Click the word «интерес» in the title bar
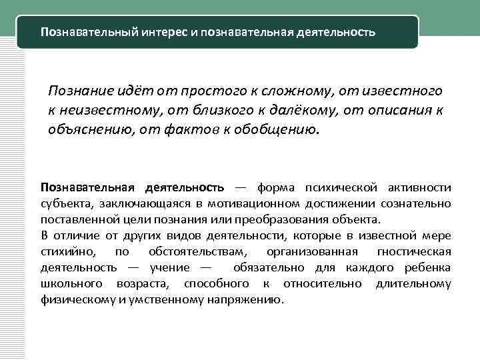tap(163, 32)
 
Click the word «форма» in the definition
tap(275, 187)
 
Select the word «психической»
tap(341, 187)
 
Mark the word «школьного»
tap(67, 283)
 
